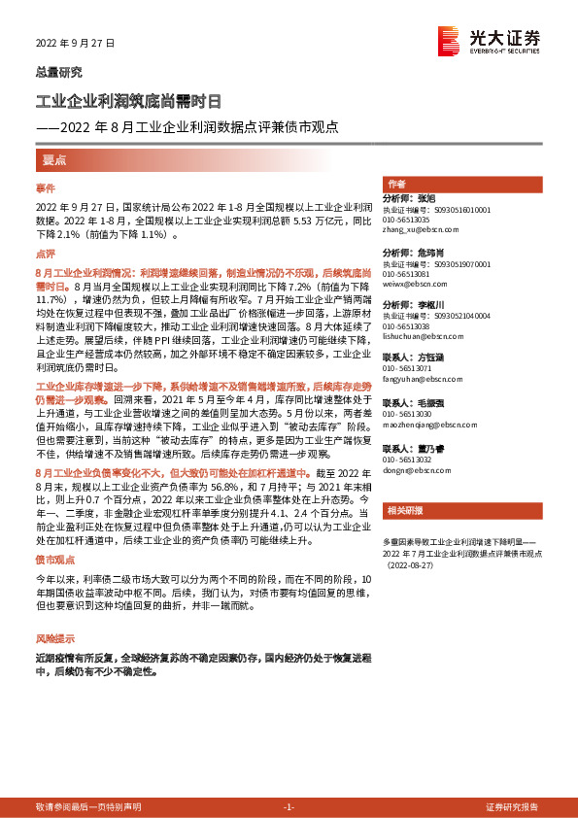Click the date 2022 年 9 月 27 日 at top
76,45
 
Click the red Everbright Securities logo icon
449,40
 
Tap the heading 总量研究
59,71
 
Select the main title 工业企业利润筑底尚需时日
128,101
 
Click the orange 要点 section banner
54,159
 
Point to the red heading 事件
46,187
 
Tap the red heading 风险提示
54,639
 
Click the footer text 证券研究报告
511,807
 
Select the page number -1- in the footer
289,807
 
